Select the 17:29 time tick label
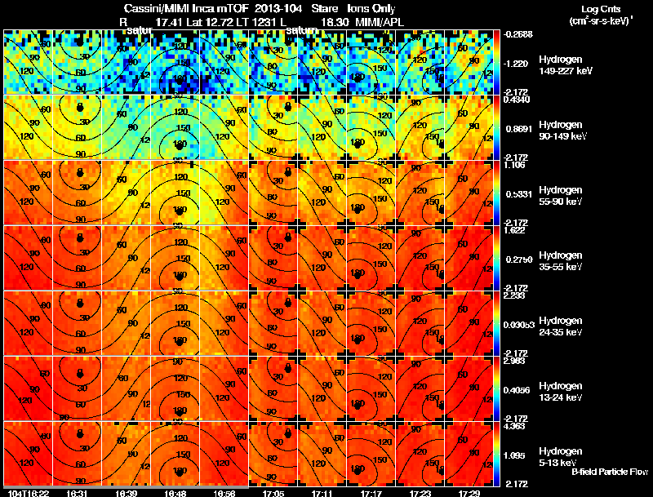469,494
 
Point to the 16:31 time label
78,494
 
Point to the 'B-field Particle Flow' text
610,472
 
